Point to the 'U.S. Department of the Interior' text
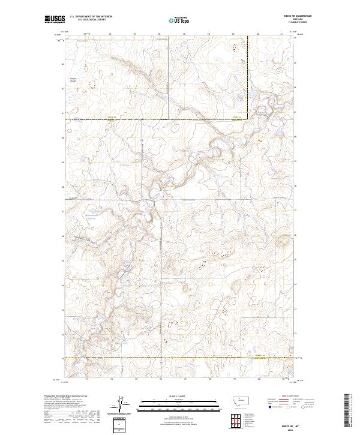point(90,16)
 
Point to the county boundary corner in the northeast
point(248,118)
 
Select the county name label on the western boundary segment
point(110,117)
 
